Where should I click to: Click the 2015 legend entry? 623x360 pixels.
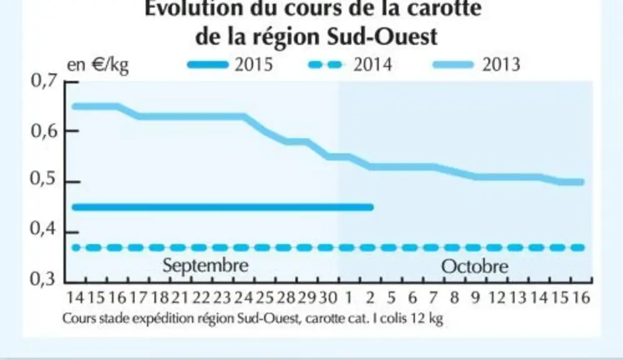click(230, 64)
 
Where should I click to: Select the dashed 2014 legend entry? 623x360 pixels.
click(350, 64)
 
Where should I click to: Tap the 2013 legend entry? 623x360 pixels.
click(476, 64)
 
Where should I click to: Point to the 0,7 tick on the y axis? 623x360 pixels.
click(44, 81)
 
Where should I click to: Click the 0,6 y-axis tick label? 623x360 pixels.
click(44, 131)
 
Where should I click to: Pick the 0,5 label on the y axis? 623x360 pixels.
click(44, 179)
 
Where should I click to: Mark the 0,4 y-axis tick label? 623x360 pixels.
click(44, 229)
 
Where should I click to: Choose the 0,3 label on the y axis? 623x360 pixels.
click(43, 279)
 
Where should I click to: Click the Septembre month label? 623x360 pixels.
click(206, 266)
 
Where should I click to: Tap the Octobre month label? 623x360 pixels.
click(475, 266)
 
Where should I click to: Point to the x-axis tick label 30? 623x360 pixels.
click(328, 297)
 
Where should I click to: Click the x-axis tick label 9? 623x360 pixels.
click(476, 297)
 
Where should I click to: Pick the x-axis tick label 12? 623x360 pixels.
click(497, 297)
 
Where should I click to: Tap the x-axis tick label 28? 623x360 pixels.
click(286, 297)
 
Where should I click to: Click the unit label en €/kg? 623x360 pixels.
click(97, 65)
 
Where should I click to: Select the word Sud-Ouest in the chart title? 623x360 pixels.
click(382, 36)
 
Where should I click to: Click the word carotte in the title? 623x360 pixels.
click(441, 8)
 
